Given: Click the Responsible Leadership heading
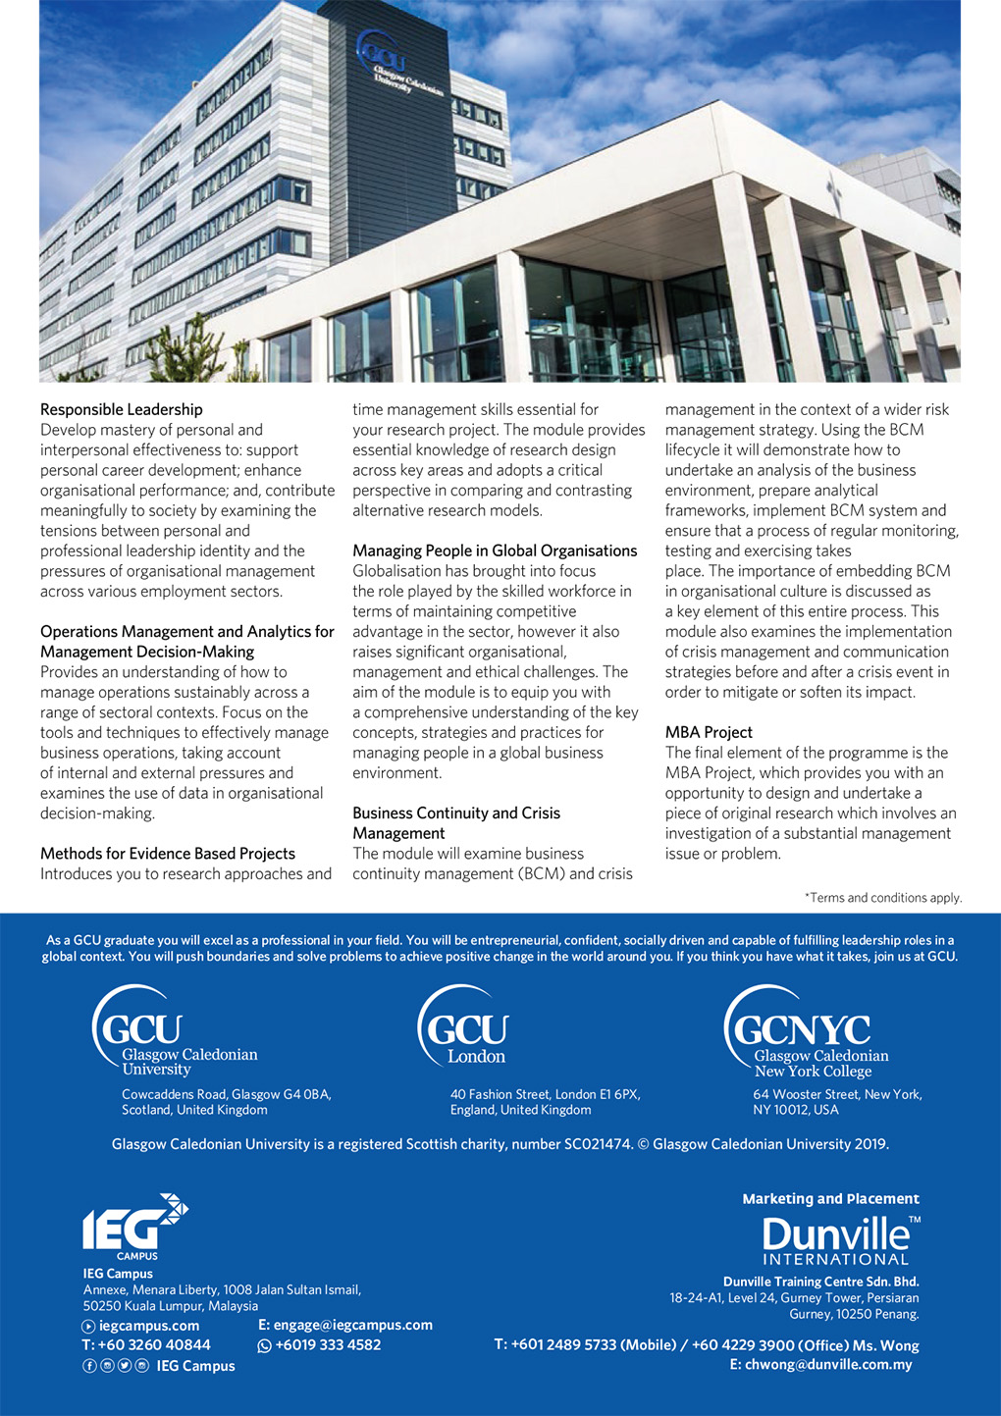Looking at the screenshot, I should point(122,409).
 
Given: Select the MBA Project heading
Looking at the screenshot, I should point(709,732).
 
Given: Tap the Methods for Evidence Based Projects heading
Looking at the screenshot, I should point(168,854).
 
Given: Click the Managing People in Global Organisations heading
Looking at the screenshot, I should point(495,551).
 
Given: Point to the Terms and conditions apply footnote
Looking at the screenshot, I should point(883,898).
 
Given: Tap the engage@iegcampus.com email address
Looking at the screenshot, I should point(352,1325).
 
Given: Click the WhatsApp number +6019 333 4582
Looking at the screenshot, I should point(328,1345).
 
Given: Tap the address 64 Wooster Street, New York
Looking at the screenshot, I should point(837,1094).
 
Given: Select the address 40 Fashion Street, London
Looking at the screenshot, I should point(545,1094).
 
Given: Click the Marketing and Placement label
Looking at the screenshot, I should point(830,1199).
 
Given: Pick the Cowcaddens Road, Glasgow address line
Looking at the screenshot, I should point(226,1094).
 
